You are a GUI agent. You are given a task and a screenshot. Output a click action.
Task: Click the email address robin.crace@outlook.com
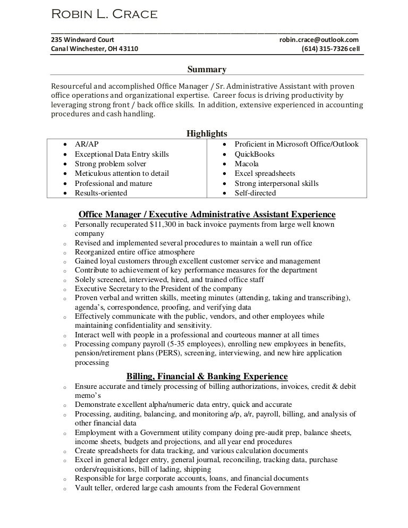point(319,40)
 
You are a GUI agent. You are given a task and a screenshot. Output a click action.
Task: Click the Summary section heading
point(207,69)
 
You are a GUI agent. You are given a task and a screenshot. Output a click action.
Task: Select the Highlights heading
point(207,133)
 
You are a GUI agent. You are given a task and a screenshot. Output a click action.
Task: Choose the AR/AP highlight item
point(87,144)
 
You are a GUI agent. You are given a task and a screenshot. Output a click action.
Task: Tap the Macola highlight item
point(246,164)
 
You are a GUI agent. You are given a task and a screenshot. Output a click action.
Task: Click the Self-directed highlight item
point(255,193)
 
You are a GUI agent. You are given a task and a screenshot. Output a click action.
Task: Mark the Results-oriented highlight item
point(101,193)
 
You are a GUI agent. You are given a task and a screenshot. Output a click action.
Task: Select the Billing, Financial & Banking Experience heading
point(207,376)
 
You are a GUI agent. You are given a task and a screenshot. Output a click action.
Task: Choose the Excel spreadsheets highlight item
point(265,174)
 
